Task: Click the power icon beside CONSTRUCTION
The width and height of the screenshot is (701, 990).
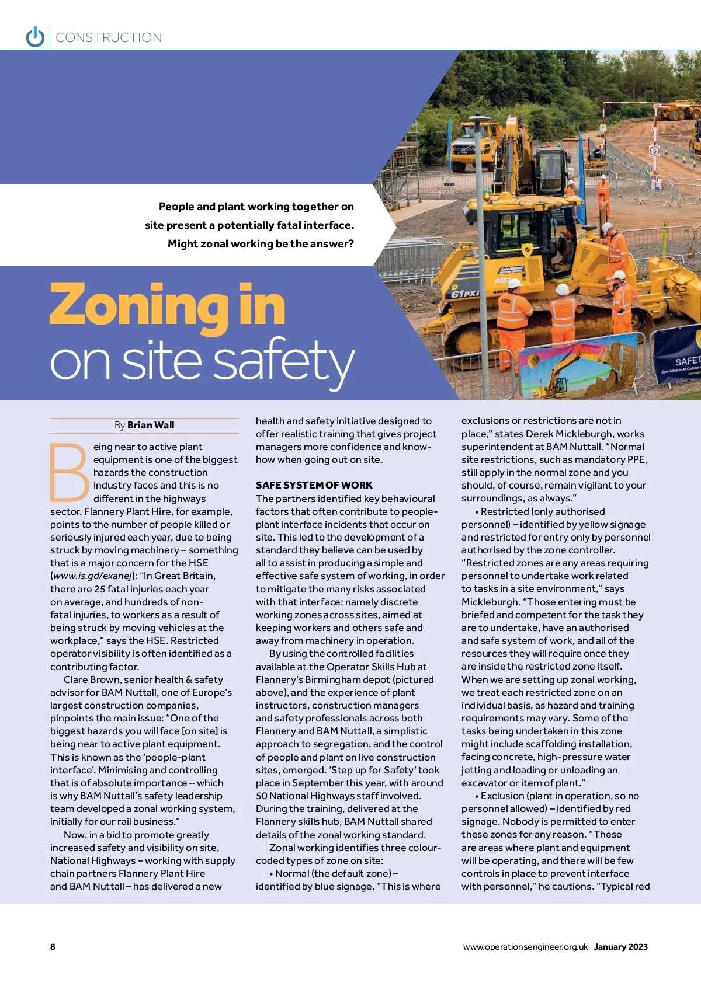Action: point(35,37)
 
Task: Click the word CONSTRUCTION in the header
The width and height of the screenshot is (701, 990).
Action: point(109,37)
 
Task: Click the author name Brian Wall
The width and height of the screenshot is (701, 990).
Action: point(151,425)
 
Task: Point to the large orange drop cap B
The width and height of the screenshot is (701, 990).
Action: point(69,473)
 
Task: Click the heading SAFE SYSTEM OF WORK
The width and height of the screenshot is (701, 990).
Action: point(314,485)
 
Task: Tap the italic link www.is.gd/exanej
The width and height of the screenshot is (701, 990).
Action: point(92,576)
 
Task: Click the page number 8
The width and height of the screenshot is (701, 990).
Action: point(53,946)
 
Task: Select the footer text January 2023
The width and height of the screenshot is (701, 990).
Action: point(620,947)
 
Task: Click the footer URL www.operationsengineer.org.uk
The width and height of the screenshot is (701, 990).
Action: point(525,947)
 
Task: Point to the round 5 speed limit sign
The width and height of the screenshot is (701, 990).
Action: point(654,151)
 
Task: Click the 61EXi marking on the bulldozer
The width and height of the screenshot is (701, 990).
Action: point(465,292)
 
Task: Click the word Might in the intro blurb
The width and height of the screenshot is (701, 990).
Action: point(182,244)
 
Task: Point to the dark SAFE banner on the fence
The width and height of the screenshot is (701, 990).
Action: point(678,356)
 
